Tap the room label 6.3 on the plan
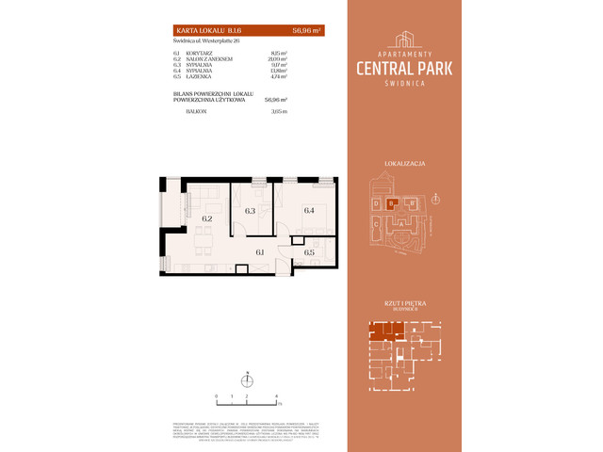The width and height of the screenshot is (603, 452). coord(250,211)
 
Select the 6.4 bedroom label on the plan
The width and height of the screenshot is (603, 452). coord(308,211)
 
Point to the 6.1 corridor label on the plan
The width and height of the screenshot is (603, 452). coord(260,252)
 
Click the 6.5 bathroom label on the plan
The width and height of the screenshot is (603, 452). coord(308,252)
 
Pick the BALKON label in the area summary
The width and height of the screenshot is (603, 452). coord(195,110)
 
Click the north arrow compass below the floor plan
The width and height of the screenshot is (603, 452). coord(247,380)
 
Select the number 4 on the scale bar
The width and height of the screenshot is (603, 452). coord(276,396)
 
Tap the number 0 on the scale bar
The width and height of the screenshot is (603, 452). coord(217,396)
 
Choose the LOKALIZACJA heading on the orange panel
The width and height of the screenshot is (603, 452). coord(406,164)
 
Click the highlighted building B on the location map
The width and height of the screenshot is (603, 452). coord(392,202)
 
